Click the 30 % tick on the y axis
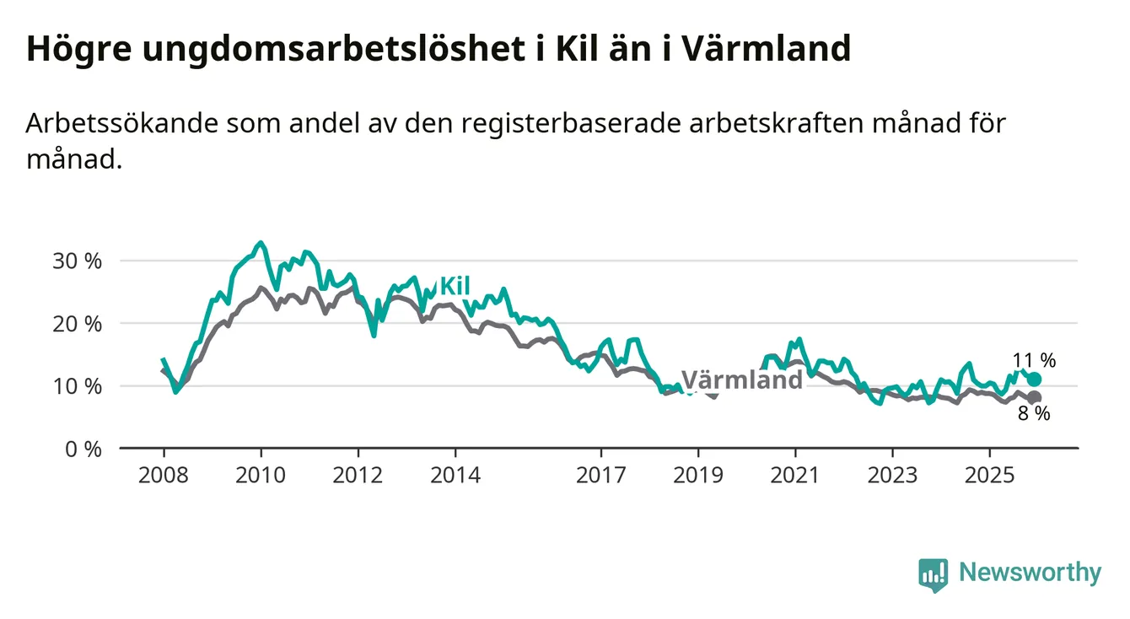point(77,261)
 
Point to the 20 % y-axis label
point(77,323)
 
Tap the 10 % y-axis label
point(77,386)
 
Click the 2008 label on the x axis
point(164,476)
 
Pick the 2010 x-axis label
point(261,476)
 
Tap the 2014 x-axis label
point(455,476)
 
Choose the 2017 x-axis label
point(600,476)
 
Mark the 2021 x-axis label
point(795,476)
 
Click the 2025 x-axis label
point(990,476)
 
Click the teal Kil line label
point(455,287)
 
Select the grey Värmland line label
point(741,379)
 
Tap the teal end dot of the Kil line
point(1035,379)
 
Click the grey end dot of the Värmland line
point(1035,397)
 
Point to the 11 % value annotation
point(1034,360)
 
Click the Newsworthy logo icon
point(933,574)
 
